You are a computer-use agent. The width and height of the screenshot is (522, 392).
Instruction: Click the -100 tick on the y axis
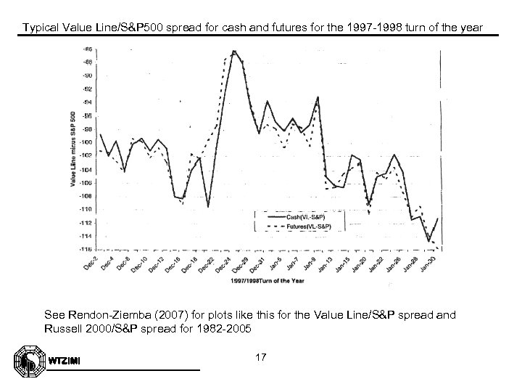[x=86, y=142]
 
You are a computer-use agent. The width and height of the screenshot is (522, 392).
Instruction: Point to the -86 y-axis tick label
[x=86, y=49]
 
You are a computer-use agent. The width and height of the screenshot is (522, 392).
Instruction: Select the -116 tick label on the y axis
[x=86, y=249]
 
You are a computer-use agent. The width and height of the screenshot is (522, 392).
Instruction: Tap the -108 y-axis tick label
[x=86, y=196]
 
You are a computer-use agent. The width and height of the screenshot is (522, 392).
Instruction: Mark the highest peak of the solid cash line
[x=233, y=51]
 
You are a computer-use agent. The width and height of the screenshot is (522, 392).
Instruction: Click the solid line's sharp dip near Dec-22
[x=208, y=207]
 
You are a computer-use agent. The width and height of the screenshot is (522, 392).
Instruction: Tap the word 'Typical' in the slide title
[x=40, y=28]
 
